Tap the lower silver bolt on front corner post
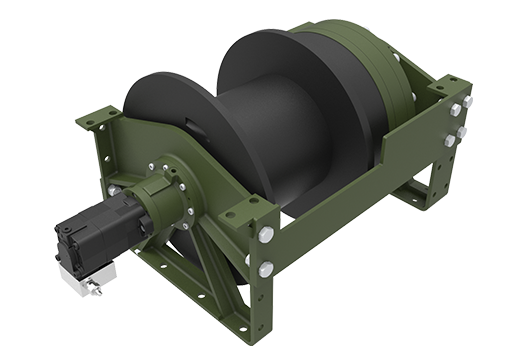pyautogui.click(x=266, y=268)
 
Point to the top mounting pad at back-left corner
pyautogui.click(x=99, y=118)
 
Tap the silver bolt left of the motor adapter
pyautogui.click(x=115, y=190)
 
